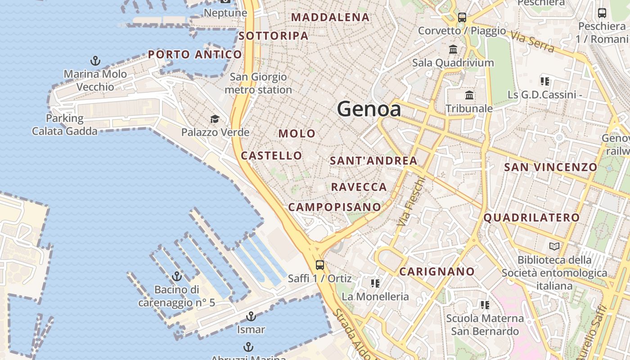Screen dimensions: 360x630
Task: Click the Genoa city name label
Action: tap(369, 109)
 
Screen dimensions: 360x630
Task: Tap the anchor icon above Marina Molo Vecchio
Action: tap(95, 61)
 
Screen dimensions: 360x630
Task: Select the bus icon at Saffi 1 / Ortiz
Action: tap(320, 265)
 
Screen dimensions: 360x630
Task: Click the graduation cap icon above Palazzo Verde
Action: tap(215, 119)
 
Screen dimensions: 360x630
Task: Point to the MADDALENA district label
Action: tap(330, 18)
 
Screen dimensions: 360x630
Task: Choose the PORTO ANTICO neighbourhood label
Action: tap(195, 55)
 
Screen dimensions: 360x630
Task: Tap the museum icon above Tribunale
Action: tap(469, 95)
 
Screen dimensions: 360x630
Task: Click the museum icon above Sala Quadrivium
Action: tap(453, 49)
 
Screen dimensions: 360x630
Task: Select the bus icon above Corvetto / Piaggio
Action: tap(462, 18)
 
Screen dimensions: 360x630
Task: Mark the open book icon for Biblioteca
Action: tap(554, 247)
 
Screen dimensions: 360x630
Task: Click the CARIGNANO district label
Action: tap(437, 272)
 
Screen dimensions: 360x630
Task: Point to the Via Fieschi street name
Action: tap(411, 201)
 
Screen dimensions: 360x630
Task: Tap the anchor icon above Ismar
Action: tap(251, 316)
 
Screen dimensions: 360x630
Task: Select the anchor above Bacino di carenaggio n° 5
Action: tap(177, 276)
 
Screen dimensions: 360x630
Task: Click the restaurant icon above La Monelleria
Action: tap(375, 283)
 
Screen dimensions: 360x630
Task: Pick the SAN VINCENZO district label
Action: tap(550, 167)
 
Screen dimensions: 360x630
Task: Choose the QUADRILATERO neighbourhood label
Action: tap(531, 218)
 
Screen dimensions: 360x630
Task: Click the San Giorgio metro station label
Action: tap(258, 83)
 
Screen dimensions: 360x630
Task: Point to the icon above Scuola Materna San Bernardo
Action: tap(485, 305)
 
